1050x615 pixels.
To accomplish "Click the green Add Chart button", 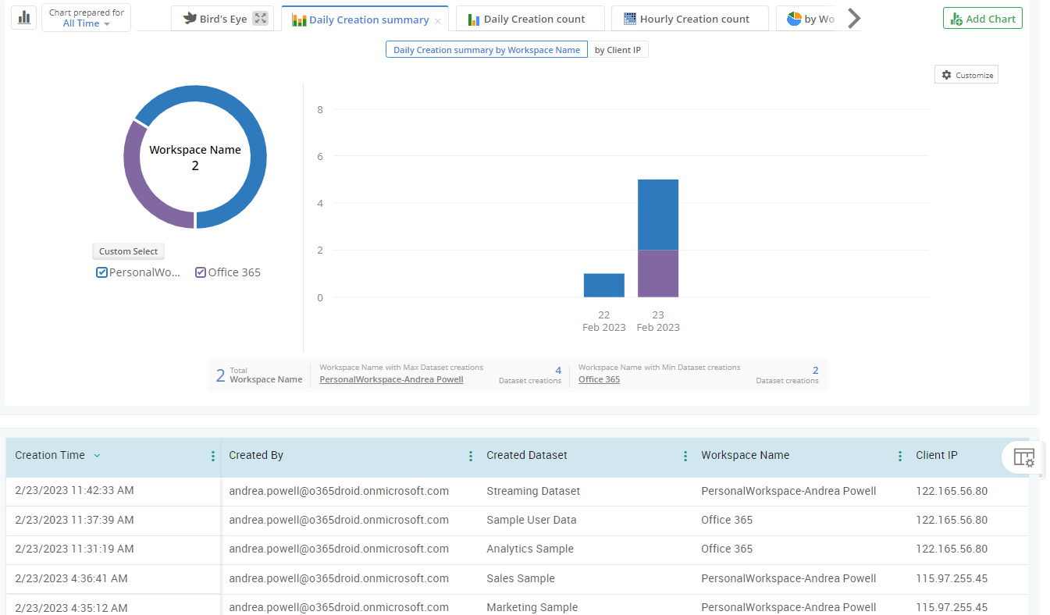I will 982,19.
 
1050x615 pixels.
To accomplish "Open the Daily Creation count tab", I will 531,20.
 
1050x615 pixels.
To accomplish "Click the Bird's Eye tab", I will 222,19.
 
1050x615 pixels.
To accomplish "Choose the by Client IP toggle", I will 618,50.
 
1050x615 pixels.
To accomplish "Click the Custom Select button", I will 128,251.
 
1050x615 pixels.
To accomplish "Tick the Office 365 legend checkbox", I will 201,272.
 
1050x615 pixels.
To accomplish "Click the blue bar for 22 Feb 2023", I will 603,285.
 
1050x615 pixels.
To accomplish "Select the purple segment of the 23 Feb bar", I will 657,273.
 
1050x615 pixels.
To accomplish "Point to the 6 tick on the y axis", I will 320,156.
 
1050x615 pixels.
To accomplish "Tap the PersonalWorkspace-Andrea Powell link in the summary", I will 391,379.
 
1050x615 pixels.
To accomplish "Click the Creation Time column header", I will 50,455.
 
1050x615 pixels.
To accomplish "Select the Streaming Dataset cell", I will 532,491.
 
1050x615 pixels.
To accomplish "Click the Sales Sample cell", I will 520,578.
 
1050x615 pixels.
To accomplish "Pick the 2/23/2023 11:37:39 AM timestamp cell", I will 74,520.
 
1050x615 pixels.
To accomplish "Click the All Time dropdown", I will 86,23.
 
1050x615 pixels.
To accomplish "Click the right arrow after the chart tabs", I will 854,19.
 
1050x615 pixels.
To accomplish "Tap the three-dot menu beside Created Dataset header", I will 685,457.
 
